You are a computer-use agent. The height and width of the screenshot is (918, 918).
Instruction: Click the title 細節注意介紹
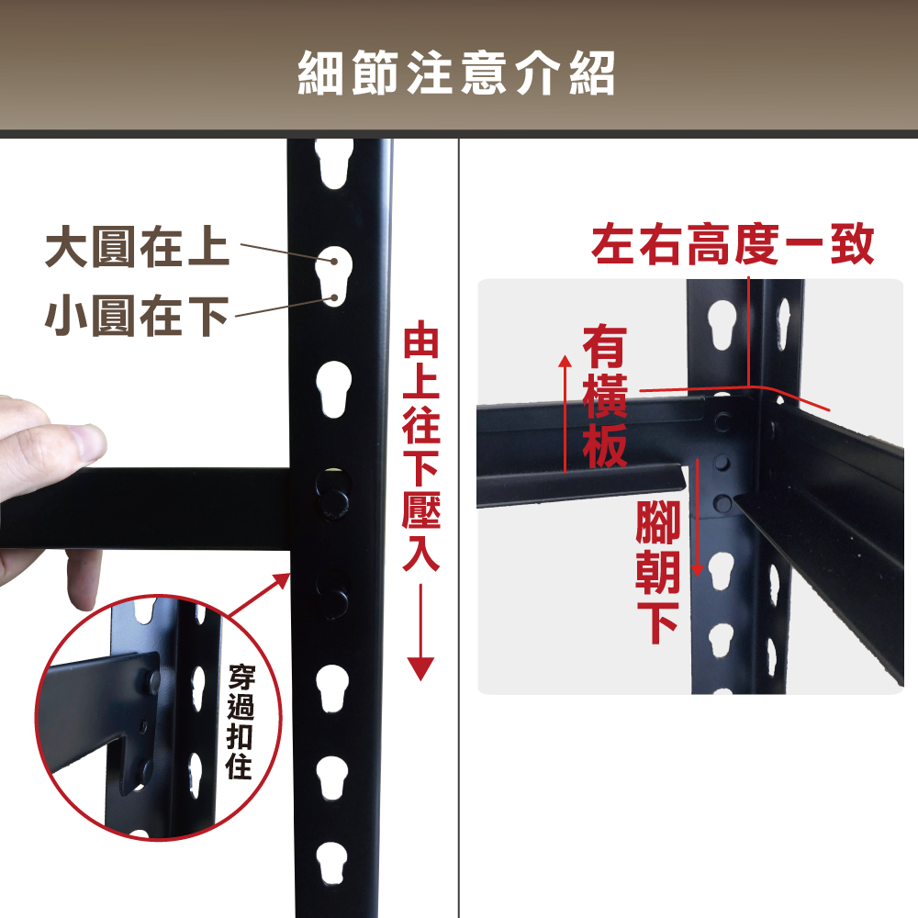[456, 73]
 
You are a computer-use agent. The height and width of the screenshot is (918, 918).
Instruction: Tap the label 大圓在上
[137, 246]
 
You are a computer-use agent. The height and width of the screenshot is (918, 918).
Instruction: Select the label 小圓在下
[137, 316]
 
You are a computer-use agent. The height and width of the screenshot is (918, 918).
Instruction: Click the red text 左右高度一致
[733, 244]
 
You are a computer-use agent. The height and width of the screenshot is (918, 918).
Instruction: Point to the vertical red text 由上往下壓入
[421, 449]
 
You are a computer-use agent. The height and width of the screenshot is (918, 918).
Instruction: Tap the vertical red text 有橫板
[605, 397]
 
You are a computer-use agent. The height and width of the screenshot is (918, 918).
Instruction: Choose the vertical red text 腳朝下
[657, 572]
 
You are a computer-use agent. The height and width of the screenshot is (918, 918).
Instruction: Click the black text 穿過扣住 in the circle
[240, 722]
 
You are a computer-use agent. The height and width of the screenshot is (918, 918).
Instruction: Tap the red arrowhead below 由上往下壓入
[420, 668]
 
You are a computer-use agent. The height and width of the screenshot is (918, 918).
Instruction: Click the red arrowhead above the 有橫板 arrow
[565, 360]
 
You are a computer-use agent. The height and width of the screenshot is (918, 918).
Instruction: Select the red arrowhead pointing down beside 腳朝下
[698, 570]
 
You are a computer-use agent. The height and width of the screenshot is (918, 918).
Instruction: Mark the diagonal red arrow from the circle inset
[258, 596]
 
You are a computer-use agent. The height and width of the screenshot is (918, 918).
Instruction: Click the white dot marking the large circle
[334, 261]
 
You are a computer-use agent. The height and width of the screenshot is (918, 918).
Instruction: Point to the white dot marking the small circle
[334, 298]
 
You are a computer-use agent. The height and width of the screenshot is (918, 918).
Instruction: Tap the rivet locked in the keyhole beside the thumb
[333, 502]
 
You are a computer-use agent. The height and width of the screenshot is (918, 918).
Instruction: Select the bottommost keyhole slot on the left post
[332, 864]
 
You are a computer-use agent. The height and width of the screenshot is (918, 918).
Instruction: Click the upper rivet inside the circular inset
[153, 680]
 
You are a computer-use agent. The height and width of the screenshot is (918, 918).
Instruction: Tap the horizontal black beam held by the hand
[145, 509]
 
